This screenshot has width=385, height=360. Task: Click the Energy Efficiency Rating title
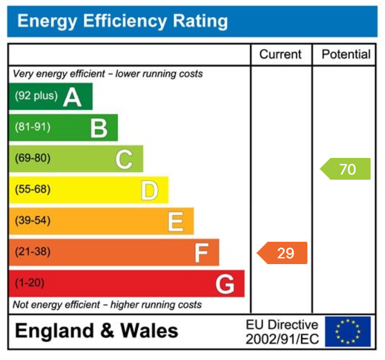pos(122,22)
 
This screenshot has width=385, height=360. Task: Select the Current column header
pos(280,55)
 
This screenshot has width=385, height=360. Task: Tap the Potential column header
pos(346,55)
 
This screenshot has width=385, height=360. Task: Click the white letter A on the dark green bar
pos(72,97)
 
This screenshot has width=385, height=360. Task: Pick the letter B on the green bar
pos(99,128)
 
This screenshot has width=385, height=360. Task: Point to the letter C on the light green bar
pos(124,159)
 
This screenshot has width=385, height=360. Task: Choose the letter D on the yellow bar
pos(149,190)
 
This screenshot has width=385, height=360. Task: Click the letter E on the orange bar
pos(175,221)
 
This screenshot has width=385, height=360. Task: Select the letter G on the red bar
pos(225,284)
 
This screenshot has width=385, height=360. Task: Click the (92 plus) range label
pos(36,96)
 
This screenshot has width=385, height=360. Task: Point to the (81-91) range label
pos(32,127)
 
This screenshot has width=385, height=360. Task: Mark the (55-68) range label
pos(32,189)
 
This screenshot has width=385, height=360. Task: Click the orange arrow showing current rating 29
pos(282,253)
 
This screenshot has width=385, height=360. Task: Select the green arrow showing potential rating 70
pos(345,169)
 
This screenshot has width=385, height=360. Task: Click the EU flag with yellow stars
pos(348,331)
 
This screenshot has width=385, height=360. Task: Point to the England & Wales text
pos(97,331)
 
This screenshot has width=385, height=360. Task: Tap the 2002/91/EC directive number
pos(282,339)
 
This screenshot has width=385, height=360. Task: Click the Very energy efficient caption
pos(107,74)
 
